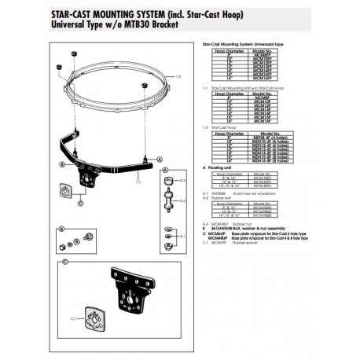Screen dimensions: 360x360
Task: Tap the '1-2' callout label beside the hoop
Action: [x=179, y=75]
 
